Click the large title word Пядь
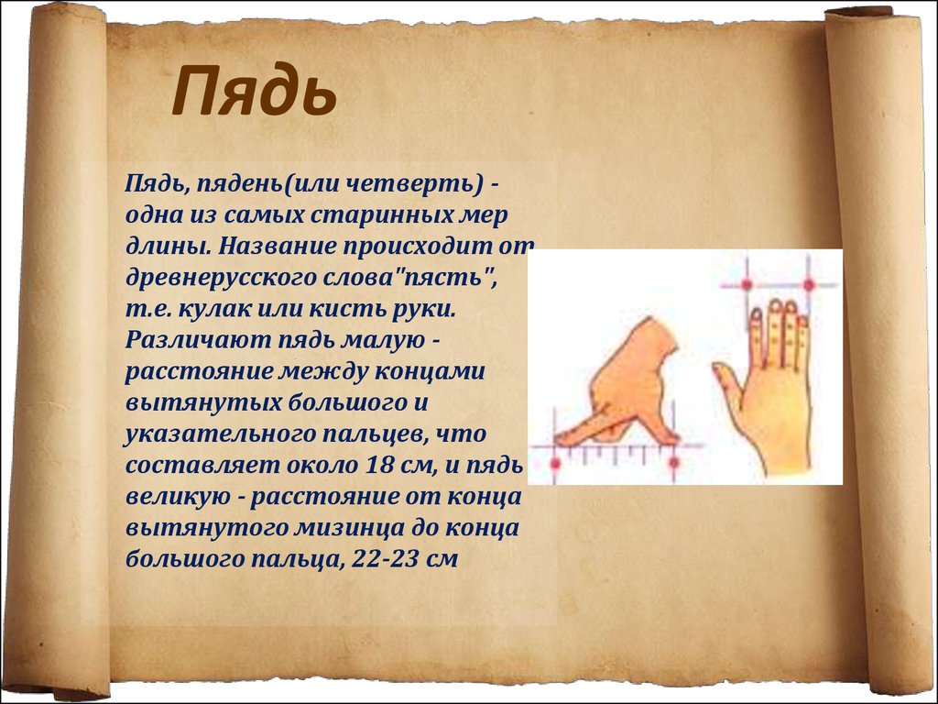pyautogui.click(x=255, y=93)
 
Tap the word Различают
pyautogui.click(x=198, y=339)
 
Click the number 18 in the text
pyautogui.click(x=376, y=465)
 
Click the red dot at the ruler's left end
pyautogui.click(x=555, y=463)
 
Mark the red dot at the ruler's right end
pyautogui.click(x=673, y=463)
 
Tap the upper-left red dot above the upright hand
pyautogui.click(x=747, y=285)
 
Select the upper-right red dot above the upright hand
pyautogui.click(x=808, y=285)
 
